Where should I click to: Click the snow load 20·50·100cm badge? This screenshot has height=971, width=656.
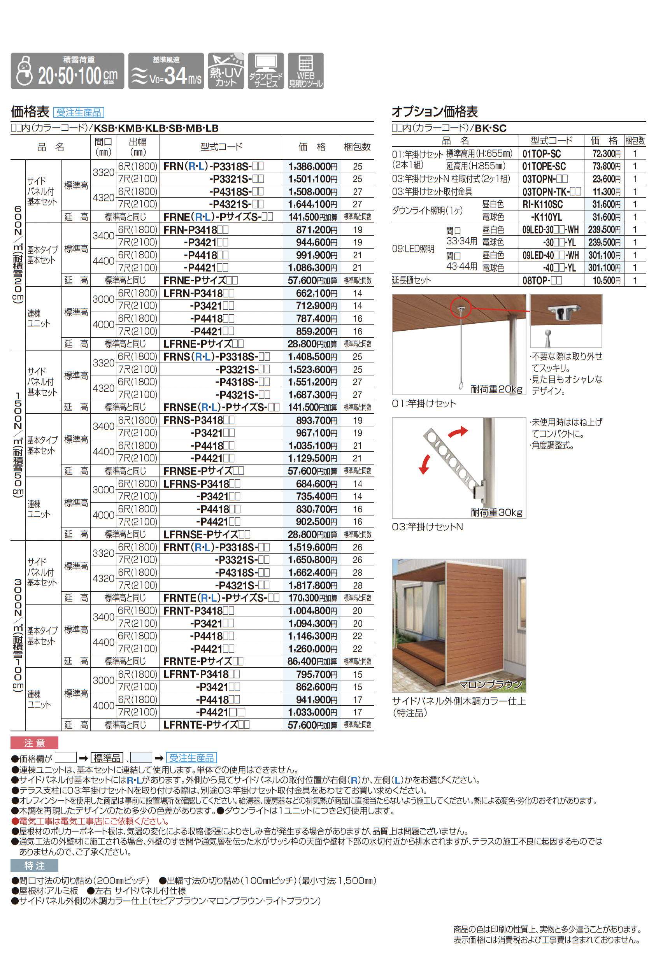click(x=67, y=71)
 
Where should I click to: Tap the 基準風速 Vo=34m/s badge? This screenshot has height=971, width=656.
click(x=166, y=71)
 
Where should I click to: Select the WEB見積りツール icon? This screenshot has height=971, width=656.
click(x=305, y=71)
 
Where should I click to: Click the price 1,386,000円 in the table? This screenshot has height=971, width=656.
click(x=312, y=166)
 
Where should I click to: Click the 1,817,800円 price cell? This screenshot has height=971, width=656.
click(x=312, y=585)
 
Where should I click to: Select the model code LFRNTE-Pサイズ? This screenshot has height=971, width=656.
click(x=206, y=725)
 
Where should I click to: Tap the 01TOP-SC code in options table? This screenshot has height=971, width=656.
click(x=542, y=154)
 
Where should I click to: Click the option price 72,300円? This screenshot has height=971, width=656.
click(x=606, y=154)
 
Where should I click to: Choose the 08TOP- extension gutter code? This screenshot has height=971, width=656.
click(x=542, y=280)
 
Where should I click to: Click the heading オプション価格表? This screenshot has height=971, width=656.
click(x=435, y=112)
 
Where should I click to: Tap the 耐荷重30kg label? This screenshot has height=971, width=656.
click(x=496, y=512)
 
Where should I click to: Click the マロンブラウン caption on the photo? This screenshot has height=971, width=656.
click(x=490, y=684)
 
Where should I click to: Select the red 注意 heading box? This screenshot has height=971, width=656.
click(x=34, y=743)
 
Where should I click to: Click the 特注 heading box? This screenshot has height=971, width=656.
click(x=34, y=866)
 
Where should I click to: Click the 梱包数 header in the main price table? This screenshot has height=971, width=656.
click(x=357, y=147)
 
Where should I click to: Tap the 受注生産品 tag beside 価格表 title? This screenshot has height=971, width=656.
click(x=79, y=112)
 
